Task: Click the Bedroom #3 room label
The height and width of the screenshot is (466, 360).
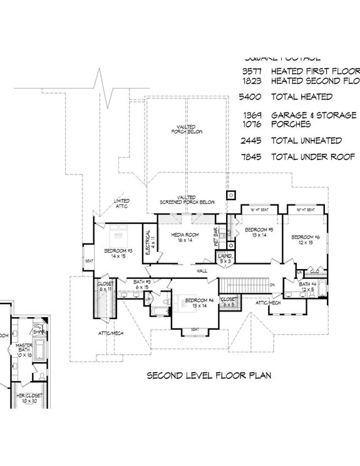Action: coord(118,253)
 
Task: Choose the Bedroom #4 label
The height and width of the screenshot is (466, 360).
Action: coord(199,303)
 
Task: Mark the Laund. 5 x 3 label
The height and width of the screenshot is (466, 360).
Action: coord(224,258)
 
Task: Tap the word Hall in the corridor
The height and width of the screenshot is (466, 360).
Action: coord(202,271)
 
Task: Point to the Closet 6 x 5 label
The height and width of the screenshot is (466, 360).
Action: coord(229,302)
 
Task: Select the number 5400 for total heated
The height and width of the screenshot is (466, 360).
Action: coord(250,97)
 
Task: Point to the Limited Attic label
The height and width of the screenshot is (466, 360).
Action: coord(121,204)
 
